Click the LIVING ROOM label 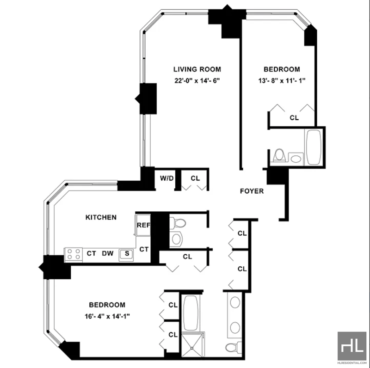coord(197,69)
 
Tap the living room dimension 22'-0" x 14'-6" coord(197,81)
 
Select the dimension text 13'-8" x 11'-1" coord(282,81)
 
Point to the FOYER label coord(252,191)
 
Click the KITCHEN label coord(101,217)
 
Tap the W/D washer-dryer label coord(167,178)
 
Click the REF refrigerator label coord(143,225)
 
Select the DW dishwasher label coord(108,253)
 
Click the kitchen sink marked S coord(126,254)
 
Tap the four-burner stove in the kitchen coord(74,255)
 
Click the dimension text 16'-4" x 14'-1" coord(107,316)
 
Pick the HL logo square coord(352,346)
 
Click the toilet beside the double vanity coord(234,347)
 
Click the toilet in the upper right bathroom coord(279,155)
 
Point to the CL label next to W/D coord(195,178)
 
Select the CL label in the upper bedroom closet coord(294,117)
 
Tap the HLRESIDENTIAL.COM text coord(352,363)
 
